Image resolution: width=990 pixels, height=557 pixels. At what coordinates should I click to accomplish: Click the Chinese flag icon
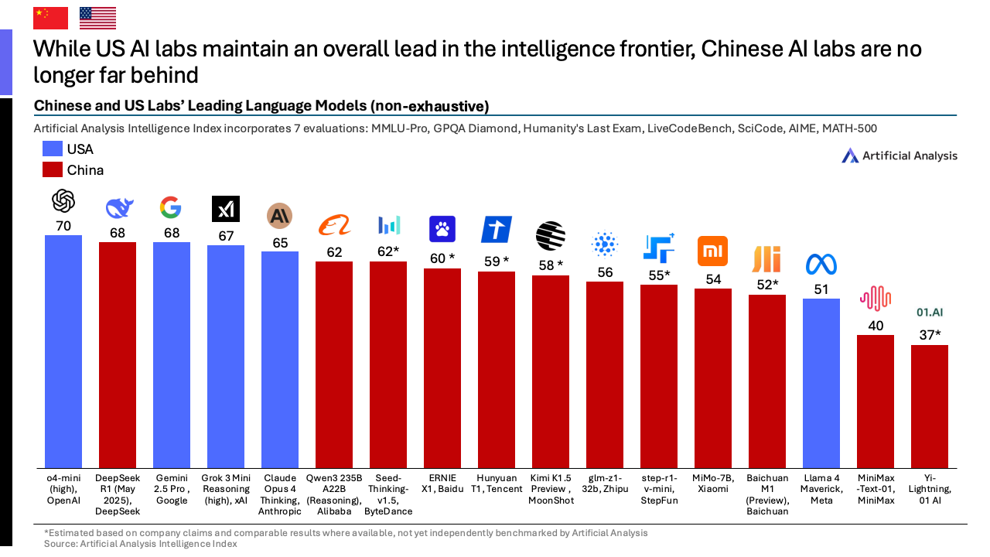(x=51, y=18)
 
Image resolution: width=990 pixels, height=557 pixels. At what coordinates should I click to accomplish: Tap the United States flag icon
(x=97, y=18)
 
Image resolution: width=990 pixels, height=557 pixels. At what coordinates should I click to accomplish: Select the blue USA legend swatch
(x=53, y=149)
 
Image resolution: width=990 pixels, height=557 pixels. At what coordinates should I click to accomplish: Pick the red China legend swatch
(x=53, y=170)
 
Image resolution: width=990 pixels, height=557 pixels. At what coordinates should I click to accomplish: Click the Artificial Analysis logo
(x=899, y=155)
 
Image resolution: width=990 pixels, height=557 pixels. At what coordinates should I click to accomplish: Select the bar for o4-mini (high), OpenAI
(x=63, y=351)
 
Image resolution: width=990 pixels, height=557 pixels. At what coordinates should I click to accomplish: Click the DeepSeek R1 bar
(x=118, y=355)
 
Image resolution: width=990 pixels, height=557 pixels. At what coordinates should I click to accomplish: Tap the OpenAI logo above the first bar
(x=63, y=201)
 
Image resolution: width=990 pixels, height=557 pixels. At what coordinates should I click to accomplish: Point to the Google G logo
(x=171, y=207)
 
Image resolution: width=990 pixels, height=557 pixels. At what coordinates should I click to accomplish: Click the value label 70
(x=63, y=226)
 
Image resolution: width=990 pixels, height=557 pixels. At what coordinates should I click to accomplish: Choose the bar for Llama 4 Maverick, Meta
(x=821, y=383)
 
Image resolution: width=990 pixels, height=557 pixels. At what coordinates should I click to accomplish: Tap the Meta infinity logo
(x=821, y=265)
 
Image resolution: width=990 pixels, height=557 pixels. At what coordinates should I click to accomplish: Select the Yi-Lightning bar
(x=930, y=406)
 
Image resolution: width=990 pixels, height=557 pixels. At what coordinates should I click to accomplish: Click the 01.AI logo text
(x=930, y=313)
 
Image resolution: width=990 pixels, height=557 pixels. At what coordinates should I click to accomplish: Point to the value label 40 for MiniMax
(x=876, y=326)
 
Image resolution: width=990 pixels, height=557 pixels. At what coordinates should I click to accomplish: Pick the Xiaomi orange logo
(x=713, y=251)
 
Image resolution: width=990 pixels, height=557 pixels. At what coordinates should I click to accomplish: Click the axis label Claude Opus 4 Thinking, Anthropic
(x=280, y=494)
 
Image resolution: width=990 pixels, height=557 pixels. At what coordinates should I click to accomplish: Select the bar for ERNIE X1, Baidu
(x=442, y=367)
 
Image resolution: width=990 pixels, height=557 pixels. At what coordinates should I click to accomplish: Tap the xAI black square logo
(x=226, y=209)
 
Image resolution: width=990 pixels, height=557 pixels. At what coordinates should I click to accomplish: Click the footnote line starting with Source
(x=140, y=544)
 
